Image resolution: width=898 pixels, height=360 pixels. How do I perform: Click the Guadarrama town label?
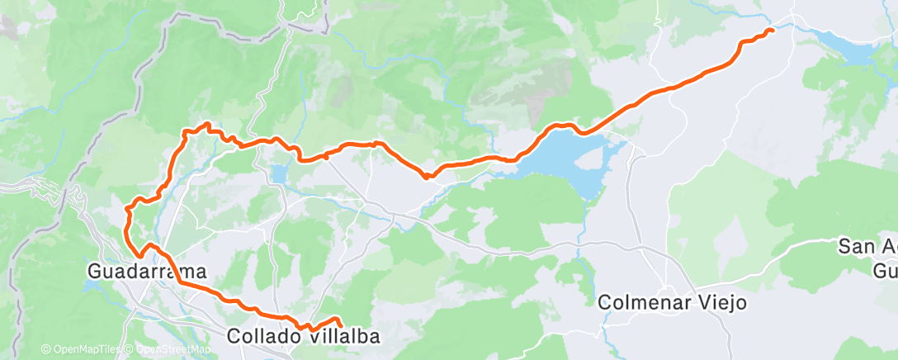(x=147, y=270)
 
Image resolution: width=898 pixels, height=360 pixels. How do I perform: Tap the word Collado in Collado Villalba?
(x=265, y=336)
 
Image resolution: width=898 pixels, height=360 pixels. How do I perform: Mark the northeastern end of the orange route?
(x=772, y=31)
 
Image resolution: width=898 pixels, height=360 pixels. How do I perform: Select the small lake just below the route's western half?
(x=278, y=174)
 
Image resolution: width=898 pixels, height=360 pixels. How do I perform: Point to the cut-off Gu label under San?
(x=885, y=270)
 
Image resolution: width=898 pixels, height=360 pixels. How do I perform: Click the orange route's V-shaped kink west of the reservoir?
(x=426, y=175)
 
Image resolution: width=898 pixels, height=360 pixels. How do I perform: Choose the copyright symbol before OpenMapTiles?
(x=45, y=350)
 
